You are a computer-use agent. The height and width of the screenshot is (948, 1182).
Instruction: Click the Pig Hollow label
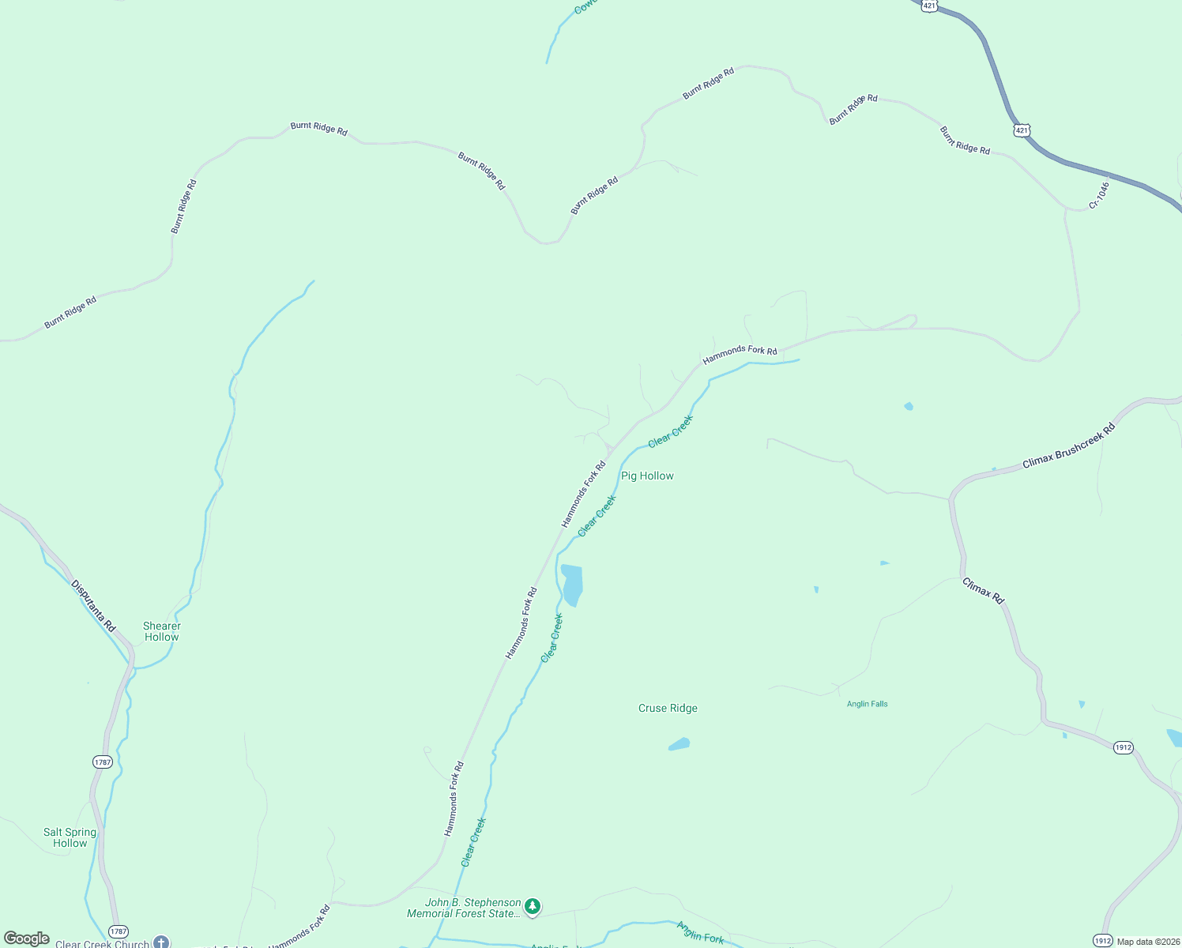click(x=647, y=476)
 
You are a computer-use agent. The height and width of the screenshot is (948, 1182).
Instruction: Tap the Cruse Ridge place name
click(x=668, y=708)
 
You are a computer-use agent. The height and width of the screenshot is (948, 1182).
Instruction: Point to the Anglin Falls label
click(x=867, y=704)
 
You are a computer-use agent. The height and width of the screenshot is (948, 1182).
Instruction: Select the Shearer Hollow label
click(x=162, y=631)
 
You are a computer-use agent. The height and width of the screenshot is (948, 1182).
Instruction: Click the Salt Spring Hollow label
click(x=70, y=837)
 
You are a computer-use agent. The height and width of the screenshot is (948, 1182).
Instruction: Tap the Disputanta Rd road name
click(x=93, y=606)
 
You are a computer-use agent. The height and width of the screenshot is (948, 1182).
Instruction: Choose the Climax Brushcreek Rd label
click(x=1068, y=446)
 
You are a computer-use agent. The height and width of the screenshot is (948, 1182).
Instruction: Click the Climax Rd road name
click(x=983, y=591)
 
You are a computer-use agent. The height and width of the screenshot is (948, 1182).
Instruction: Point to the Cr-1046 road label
click(x=1099, y=195)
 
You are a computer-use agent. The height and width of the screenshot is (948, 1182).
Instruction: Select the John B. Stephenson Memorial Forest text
click(x=464, y=908)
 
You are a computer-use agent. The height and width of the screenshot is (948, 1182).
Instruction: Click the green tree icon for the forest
click(x=533, y=906)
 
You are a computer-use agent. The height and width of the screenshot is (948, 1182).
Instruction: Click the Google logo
click(x=27, y=939)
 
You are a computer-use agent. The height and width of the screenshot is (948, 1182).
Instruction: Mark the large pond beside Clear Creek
click(x=572, y=584)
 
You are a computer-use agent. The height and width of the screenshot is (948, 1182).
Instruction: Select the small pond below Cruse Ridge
click(x=679, y=744)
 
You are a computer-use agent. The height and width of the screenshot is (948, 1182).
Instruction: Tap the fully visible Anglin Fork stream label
click(x=700, y=933)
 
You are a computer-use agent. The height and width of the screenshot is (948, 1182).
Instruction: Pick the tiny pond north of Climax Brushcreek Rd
click(x=909, y=406)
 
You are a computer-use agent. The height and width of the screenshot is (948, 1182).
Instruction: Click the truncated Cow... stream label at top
click(x=585, y=6)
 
